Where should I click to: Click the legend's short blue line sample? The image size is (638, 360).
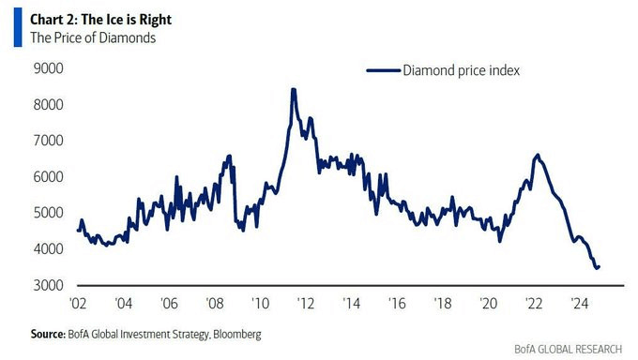click(382, 69)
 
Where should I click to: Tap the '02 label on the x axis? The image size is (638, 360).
click(79, 305)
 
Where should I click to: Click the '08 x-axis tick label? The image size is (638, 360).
click(215, 305)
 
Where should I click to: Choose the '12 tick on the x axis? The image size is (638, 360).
click(306, 305)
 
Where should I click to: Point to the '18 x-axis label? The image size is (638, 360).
click(442, 305)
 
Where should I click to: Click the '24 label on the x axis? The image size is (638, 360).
click(578, 305)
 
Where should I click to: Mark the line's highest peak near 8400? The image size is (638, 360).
click(294, 90)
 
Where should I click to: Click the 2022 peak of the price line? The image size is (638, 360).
click(537, 155)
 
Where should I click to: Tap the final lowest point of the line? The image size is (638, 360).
click(597, 268)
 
